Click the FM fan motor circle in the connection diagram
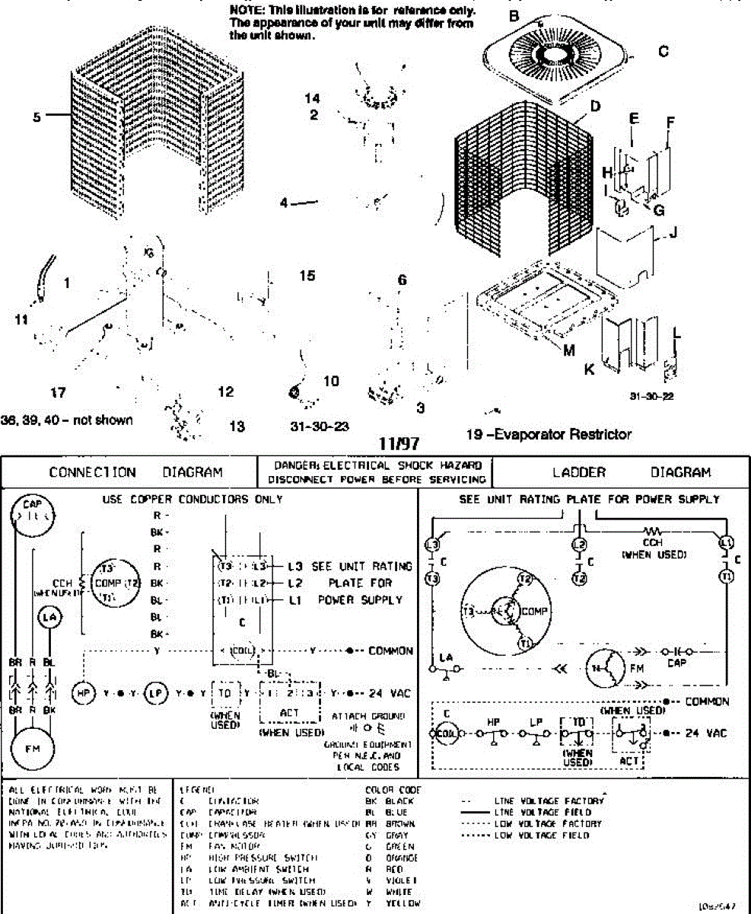pyautogui.click(x=32, y=747)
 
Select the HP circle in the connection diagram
pyautogui.click(x=81, y=693)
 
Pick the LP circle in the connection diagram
pyautogui.click(x=154, y=693)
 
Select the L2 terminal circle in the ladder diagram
pyautogui.click(x=579, y=545)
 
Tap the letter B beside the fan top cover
pyautogui.click(x=514, y=15)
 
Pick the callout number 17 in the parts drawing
pyautogui.click(x=58, y=393)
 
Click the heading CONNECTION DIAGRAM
pyautogui.click(x=135, y=472)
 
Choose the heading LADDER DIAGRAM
pyautogui.click(x=632, y=472)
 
